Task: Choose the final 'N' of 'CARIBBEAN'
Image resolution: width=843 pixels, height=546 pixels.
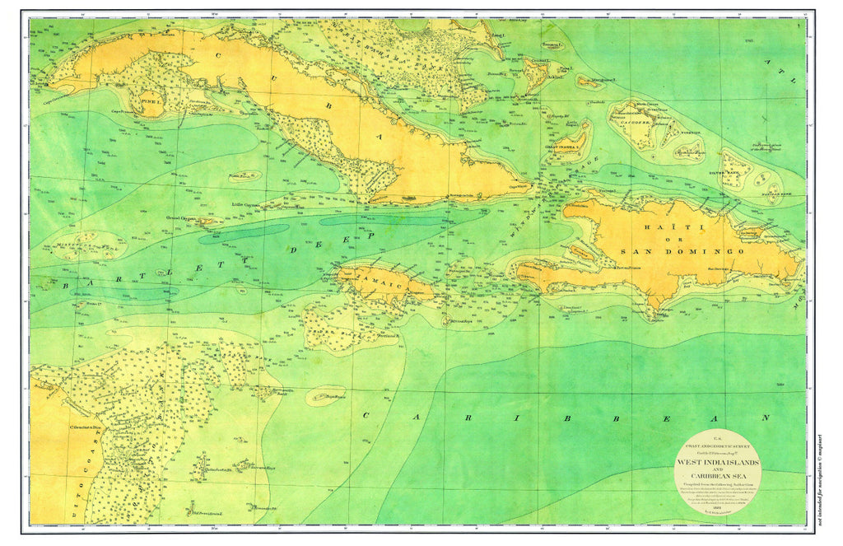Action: coord(765,418)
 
